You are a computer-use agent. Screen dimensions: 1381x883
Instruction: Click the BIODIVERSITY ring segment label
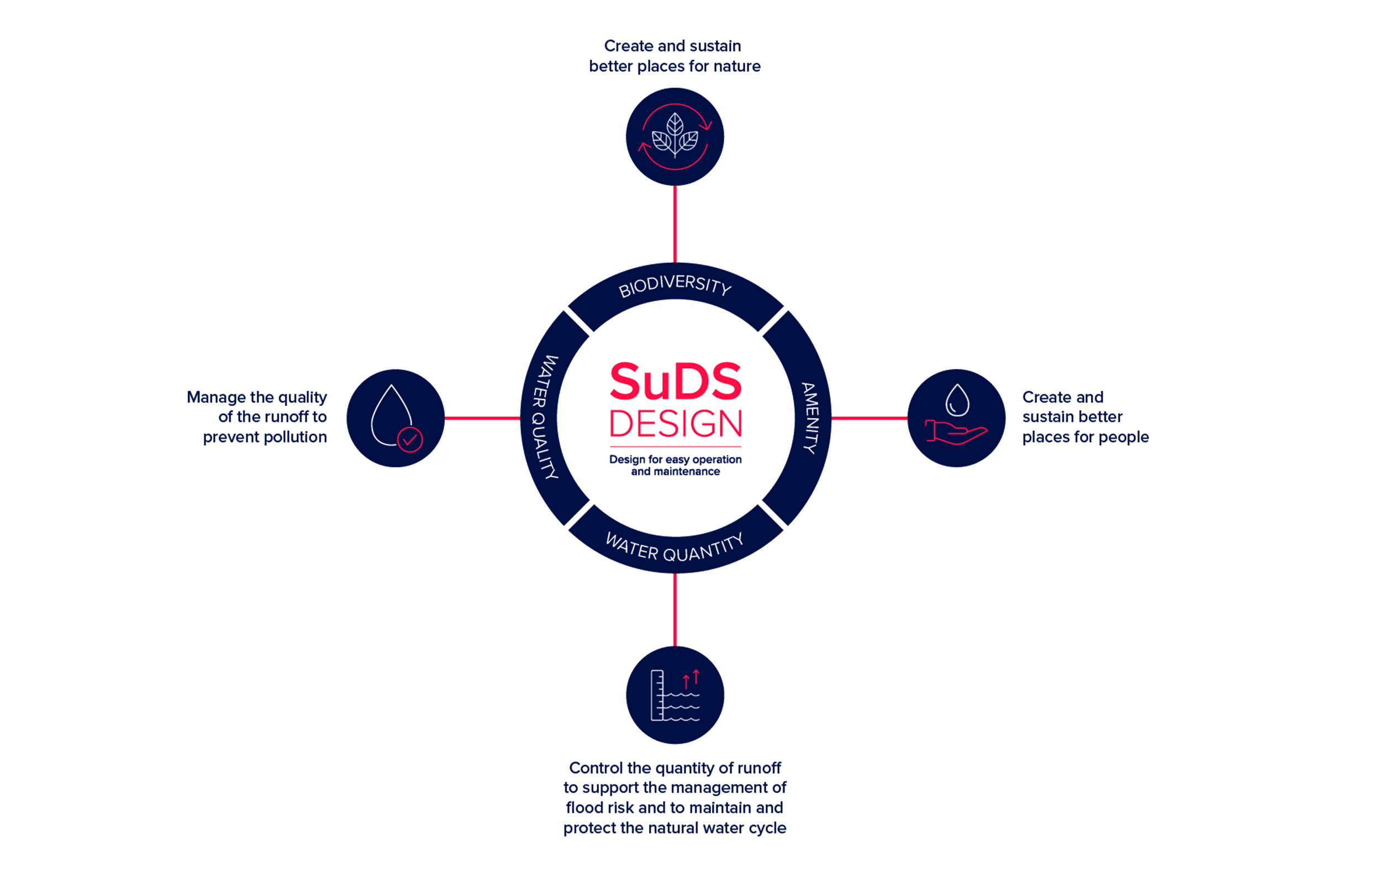pos(674,285)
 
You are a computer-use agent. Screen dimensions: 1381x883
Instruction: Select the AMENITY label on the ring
pos(810,418)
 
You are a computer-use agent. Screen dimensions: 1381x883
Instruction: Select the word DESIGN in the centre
pos(675,424)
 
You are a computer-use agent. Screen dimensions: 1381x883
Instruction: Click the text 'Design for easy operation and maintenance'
pos(675,465)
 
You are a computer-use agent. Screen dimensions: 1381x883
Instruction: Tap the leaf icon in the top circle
pos(674,135)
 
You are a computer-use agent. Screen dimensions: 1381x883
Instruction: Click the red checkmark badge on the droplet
pos(410,440)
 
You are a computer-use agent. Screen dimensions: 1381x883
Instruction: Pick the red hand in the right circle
pos(956,431)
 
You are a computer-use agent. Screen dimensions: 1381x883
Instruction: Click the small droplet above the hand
pos(957,400)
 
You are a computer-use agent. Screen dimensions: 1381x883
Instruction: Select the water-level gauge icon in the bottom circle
pos(674,695)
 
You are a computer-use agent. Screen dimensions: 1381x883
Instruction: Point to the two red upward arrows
pos(691,679)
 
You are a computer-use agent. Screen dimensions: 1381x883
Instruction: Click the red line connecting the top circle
pos(674,224)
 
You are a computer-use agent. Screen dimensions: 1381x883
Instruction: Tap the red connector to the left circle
pos(482,418)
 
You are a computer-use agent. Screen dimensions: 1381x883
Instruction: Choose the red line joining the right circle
pos(869,418)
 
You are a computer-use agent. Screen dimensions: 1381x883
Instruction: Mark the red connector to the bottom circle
pos(674,609)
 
